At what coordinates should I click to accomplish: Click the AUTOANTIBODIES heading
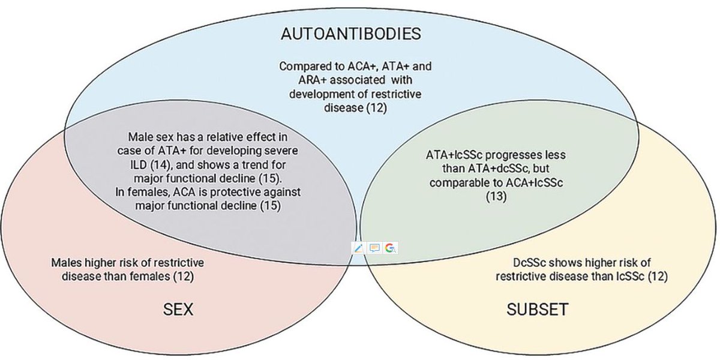(x=350, y=34)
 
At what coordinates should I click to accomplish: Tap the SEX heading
(x=178, y=309)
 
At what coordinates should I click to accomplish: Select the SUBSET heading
(x=538, y=309)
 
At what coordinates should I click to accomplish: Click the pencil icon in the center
(x=358, y=248)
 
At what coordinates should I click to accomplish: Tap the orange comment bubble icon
(x=374, y=248)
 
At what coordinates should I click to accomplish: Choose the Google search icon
(x=391, y=248)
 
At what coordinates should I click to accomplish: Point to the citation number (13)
(x=496, y=196)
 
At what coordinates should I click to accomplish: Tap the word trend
(x=257, y=165)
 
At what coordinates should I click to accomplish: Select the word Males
(x=67, y=263)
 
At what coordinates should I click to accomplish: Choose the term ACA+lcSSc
(x=534, y=183)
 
